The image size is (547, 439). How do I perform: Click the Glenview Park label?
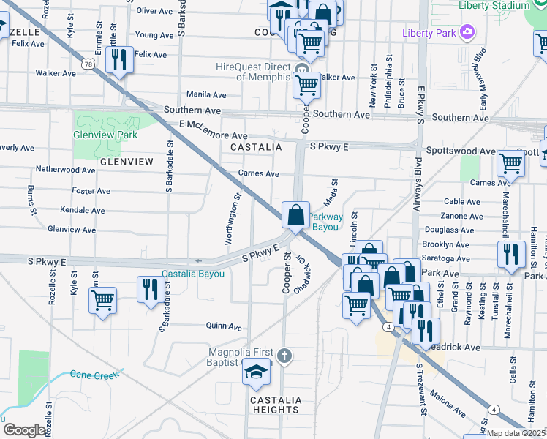pyautogui.click(x=105, y=135)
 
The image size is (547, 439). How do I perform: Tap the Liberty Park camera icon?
pyautogui.click(x=467, y=32)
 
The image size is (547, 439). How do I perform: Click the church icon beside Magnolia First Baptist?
pyautogui.click(x=285, y=356)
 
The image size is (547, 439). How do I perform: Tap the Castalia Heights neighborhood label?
pyautogui.click(x=275, y=405)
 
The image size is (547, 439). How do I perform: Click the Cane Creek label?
pyautogui.click(x=94, y=375)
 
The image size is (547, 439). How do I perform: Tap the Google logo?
pyautogui.click(x=24, y=431)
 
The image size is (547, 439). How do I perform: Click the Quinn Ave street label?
pyautogui.click(x=224, y=327)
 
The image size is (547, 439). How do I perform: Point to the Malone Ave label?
pyautogui.click(x=449, y=403)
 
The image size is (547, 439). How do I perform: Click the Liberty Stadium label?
pyautogui.click(x=492, y=5)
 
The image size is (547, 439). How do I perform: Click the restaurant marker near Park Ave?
pyautogui.click(x=510, y=255)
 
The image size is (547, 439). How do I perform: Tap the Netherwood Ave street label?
pyautogui.click(x=66, y=170)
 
